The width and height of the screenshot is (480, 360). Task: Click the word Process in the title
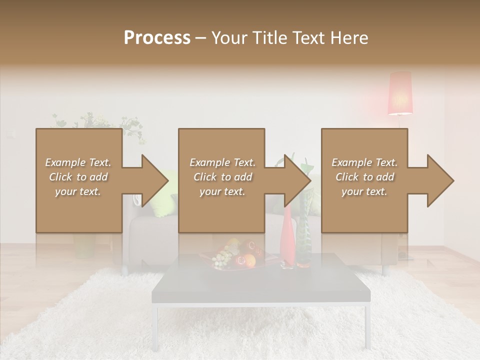[157, 38]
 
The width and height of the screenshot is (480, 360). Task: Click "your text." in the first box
[78, 191]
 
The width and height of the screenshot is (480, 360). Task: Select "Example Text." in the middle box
[222, 162]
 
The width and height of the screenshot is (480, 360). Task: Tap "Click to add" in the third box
[364, 177]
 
